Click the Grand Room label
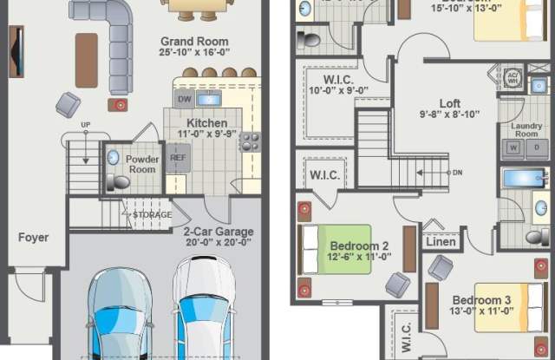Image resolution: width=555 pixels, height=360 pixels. (194, 42)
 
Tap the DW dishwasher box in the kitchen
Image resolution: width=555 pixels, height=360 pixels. (184, 100)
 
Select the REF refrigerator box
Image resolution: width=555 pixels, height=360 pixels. (179, 158)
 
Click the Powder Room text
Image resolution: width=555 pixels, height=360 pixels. (142, 165)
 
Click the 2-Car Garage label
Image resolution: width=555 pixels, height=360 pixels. (219, 232)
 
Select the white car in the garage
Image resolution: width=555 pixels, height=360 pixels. (204, 312)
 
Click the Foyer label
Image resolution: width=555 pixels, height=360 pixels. (33, 237)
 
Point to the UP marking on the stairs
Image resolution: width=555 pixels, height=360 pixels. (85, 125)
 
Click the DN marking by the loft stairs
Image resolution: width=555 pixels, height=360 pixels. (457, 172)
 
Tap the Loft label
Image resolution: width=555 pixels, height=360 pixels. (449, 104)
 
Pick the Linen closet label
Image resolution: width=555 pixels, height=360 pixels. (441, 242)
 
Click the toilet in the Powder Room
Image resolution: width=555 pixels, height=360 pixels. (117, 182)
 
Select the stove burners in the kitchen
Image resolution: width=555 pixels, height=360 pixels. (250, 141)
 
